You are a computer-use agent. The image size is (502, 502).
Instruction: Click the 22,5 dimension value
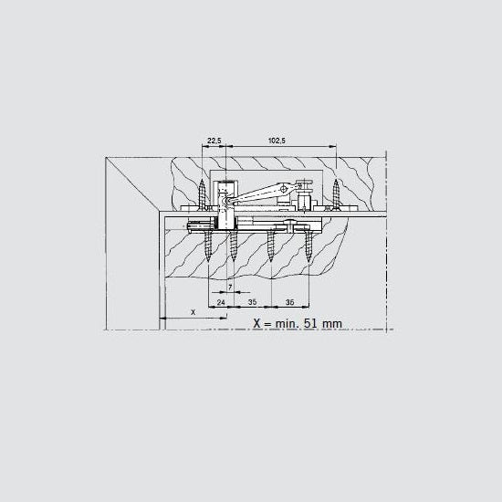click(214, 141)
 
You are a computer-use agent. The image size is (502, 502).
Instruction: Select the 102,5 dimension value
click(277, 141)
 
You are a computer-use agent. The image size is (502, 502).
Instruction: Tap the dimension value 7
click(230, 288)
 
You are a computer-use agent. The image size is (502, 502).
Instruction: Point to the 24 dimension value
click(221, 302)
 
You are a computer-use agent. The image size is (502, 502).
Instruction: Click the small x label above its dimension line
click(193, 312)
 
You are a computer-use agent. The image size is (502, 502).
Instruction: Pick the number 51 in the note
click(310, 323)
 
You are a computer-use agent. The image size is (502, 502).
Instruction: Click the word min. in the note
click(288, 323)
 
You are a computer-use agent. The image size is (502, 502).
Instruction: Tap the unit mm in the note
click(332, 324)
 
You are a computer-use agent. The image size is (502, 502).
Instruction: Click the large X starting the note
click(257, 323)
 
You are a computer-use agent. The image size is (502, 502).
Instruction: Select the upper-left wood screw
click(202, 194)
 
